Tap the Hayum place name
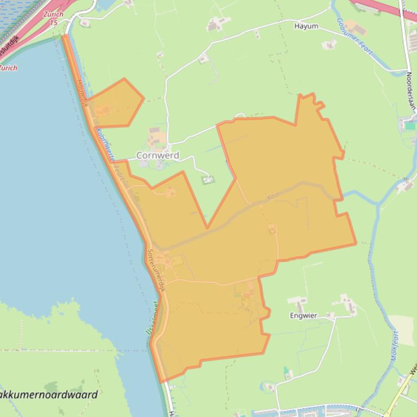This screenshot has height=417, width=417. click(306, 26)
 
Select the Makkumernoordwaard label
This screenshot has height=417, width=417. click(49, 395)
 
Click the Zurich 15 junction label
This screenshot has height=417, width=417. click(53, 18)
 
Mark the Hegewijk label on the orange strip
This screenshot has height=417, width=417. click(82, 92)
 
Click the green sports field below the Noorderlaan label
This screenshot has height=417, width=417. click(410, 126)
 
